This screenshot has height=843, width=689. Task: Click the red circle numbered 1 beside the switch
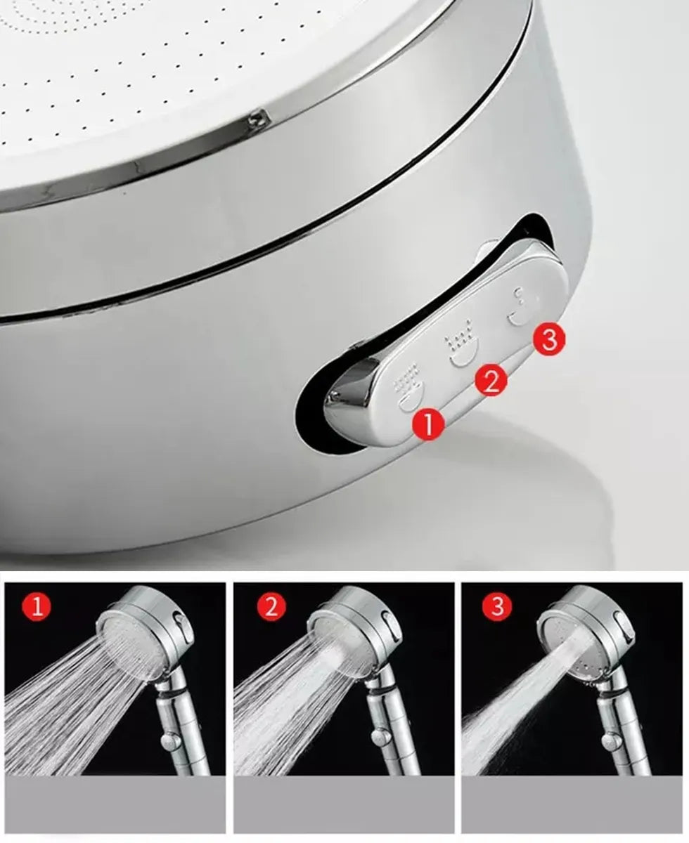(x=429, y=424)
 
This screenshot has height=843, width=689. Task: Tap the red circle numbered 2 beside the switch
(x=491, y=380)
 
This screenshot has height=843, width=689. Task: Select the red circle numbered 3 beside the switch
(x=549, y=339)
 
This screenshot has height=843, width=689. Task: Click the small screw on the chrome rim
(x=254, y=119)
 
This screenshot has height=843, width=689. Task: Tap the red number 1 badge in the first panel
(x=37, y=608)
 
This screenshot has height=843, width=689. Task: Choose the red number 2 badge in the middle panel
(x=271, y=608)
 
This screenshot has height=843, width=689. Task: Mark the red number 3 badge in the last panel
(x=497, y=607)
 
